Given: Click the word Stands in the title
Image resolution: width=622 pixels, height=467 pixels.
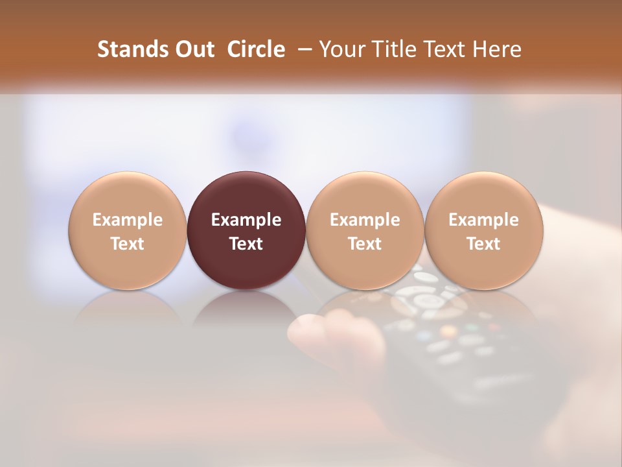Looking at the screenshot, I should pos(128,49).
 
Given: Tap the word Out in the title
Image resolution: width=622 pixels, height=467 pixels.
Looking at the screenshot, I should pos(192,49).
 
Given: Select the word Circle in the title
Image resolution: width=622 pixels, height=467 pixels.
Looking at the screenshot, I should pos(256,49).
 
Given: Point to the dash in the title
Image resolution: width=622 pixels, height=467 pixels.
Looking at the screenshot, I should pos(302,50).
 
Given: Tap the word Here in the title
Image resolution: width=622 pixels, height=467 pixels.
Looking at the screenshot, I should pos(496,49).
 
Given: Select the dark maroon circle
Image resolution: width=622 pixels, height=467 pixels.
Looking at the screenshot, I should pos(246,230).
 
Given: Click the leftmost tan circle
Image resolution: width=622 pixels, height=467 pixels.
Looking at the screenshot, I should pos(128,230).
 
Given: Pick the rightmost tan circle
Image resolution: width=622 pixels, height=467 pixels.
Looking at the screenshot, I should pos(483,230).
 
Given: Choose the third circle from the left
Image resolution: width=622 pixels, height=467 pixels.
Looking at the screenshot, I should pos(365,230).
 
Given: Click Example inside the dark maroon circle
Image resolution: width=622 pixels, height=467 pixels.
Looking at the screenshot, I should pos(246,220).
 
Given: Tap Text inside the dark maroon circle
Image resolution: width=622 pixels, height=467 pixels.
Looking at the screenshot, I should pos(246,244).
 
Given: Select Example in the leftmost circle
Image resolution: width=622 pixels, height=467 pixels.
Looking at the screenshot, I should pos(128,220).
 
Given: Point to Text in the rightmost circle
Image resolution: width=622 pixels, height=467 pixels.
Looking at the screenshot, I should pos(483,244).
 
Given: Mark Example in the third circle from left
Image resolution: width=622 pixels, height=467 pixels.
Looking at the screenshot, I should pos(365,220).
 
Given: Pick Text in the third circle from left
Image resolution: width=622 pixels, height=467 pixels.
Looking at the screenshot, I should pos(365,244).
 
